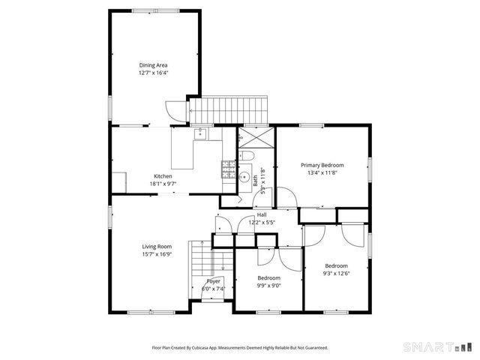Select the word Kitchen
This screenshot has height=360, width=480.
pyautogui.click(x=163, y=176)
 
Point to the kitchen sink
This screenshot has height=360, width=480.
pyautogui.click(x=201, y=134)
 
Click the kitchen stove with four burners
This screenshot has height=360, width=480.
pyautogui.click(x=228, y=169)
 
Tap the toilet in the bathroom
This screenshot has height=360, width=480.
pyautogui.click(x=247, y=155)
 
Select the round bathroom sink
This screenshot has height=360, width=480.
pyautogui.click(x=245, y=178)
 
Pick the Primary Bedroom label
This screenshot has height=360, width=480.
pyautogui.click(x=322, y=165)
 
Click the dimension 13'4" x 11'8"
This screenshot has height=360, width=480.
pyautogui.click(x=322, y=173)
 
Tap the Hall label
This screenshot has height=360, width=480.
pyautogui.click(x=261, y=214)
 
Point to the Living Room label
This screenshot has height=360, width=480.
pyautogui.click(x=157, y=246)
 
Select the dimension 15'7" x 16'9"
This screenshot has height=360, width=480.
pyautogui.click(x=157, y=254)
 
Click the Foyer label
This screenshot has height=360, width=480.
pyautogui.click(x=213, y=280)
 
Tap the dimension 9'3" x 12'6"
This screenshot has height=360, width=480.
pyautogui.click(x=336, y=274)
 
